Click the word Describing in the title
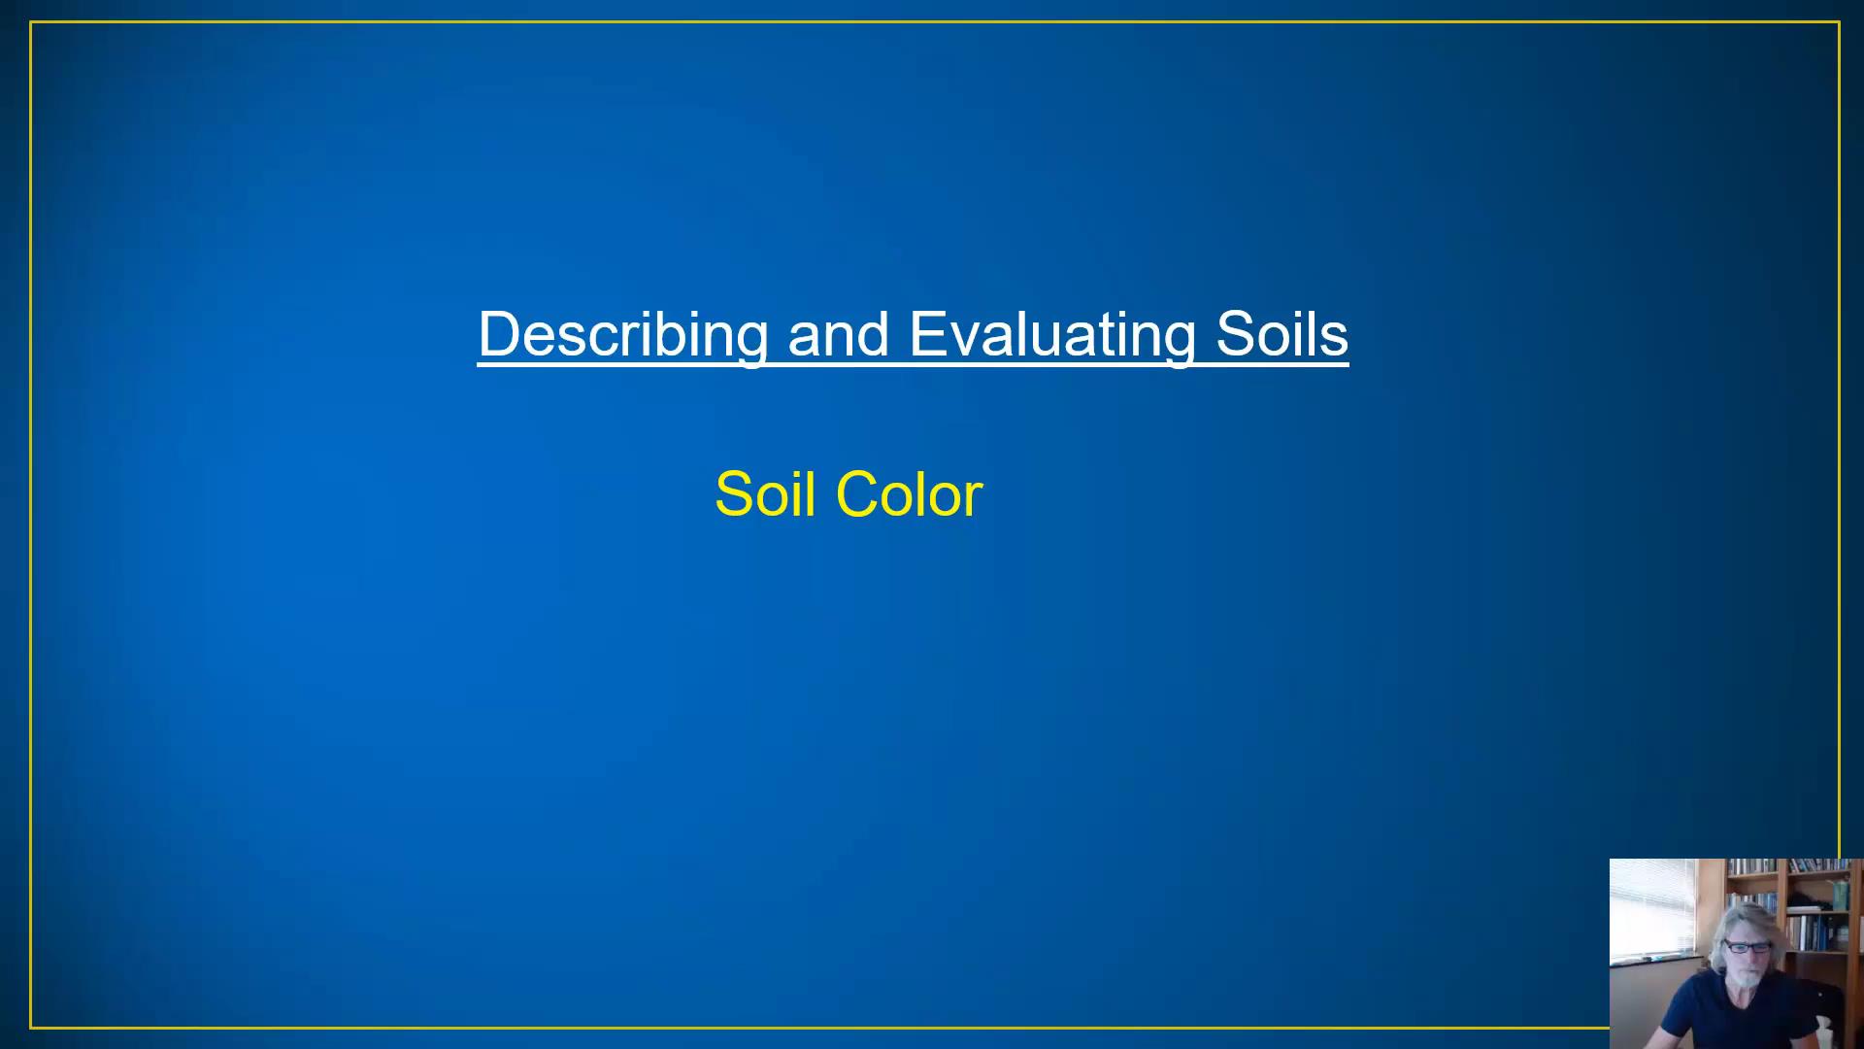[622, 335]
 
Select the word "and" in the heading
[838, 335]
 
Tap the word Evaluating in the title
[1051, 335]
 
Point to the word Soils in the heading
[1281, 335]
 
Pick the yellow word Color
[909, 494]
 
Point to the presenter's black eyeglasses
[1747, 947]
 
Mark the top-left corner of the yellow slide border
[31, 22]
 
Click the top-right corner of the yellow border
[1839, 22]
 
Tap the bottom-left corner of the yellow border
[31, 1027]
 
